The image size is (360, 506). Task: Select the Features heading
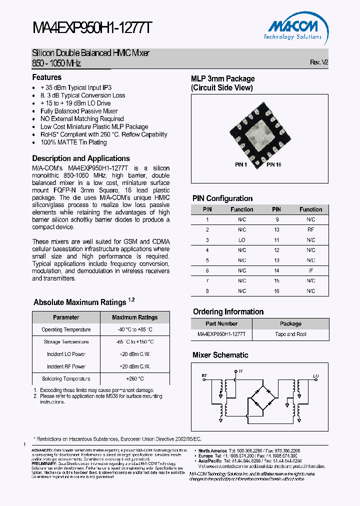pyautogui.click(x=47, y=77)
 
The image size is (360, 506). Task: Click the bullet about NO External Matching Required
pyautogui.click(x=82, y=119)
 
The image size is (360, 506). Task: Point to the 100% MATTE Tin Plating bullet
pyautogui.click(x=73, y=142)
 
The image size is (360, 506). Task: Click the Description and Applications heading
pyautogui.click(x=81, y=158)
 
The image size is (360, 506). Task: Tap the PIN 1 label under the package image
pyautogui.click(x=241, y=164)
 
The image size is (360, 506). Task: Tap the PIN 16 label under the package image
pyautogui.click(x=273, y=164)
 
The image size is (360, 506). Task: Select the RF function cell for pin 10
pyautogui.click(x=310, y=229)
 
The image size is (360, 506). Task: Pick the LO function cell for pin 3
pyautogui.click(x=242, y=240)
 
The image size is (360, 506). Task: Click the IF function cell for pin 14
pyautogui.click(x=310, y=270)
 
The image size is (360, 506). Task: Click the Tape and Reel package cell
pyautogui.click(x=290, y=334)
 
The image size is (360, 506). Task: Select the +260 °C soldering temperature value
pyautogui.click(x=134, y=379)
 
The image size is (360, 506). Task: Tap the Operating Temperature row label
pyautogui.click(x=66, y=330)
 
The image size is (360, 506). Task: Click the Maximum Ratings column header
pyautogui.click(x=134, y=317)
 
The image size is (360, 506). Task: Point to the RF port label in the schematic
pyautogui.click(x=204, y=374)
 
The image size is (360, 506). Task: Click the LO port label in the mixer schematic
pyautogui.click(x=315, y=375)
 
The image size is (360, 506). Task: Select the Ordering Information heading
pyautogui.click(x=228, y=312)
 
